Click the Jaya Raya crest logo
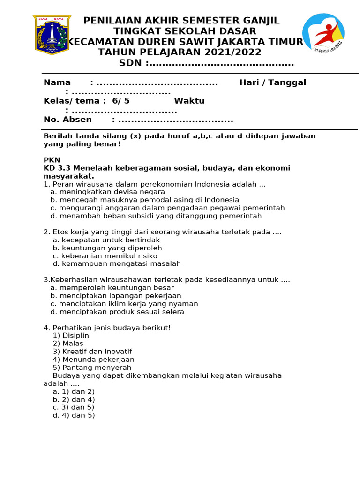52,35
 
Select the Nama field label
57,83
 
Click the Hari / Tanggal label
272,83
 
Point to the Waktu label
189,101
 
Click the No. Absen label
67,120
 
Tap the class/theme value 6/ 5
120,101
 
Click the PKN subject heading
52,160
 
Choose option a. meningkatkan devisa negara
108,192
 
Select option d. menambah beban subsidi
156,216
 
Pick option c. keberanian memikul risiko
105,256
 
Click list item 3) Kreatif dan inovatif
92,352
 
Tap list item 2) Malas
68,344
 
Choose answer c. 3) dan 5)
74,407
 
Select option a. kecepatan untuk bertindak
106,240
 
